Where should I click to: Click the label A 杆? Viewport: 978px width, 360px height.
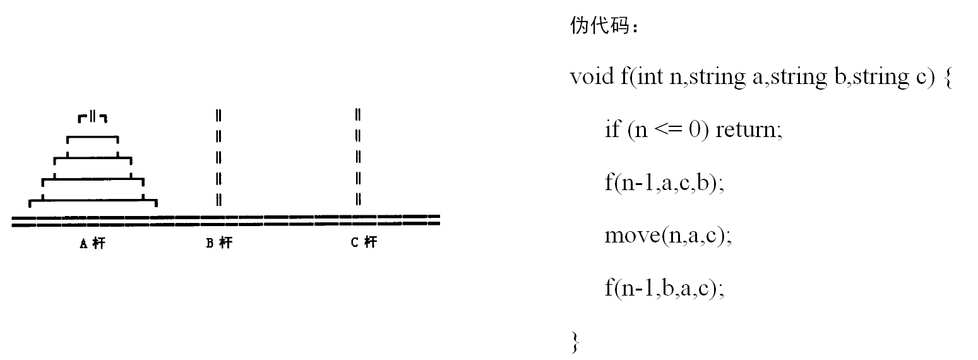point(92,243)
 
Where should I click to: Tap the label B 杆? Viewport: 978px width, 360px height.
point(219,243)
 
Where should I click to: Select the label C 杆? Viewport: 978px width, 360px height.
point(364,243)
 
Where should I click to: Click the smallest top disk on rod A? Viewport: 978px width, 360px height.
point(92,117)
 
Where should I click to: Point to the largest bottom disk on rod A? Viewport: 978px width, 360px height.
point(92,202)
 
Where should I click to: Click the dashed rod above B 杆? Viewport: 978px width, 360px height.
point(218,157)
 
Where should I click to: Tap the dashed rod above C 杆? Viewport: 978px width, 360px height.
point(357,157)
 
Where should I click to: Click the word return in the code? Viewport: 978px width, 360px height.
point(748,130)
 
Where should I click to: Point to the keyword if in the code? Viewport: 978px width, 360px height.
point(612,130)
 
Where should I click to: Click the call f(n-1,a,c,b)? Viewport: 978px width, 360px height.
point(664,183)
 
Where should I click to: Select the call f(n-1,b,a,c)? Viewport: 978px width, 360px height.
point(664,289)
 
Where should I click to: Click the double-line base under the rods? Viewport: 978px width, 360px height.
point(225,220)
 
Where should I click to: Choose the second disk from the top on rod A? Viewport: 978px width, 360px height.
point(92,138)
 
